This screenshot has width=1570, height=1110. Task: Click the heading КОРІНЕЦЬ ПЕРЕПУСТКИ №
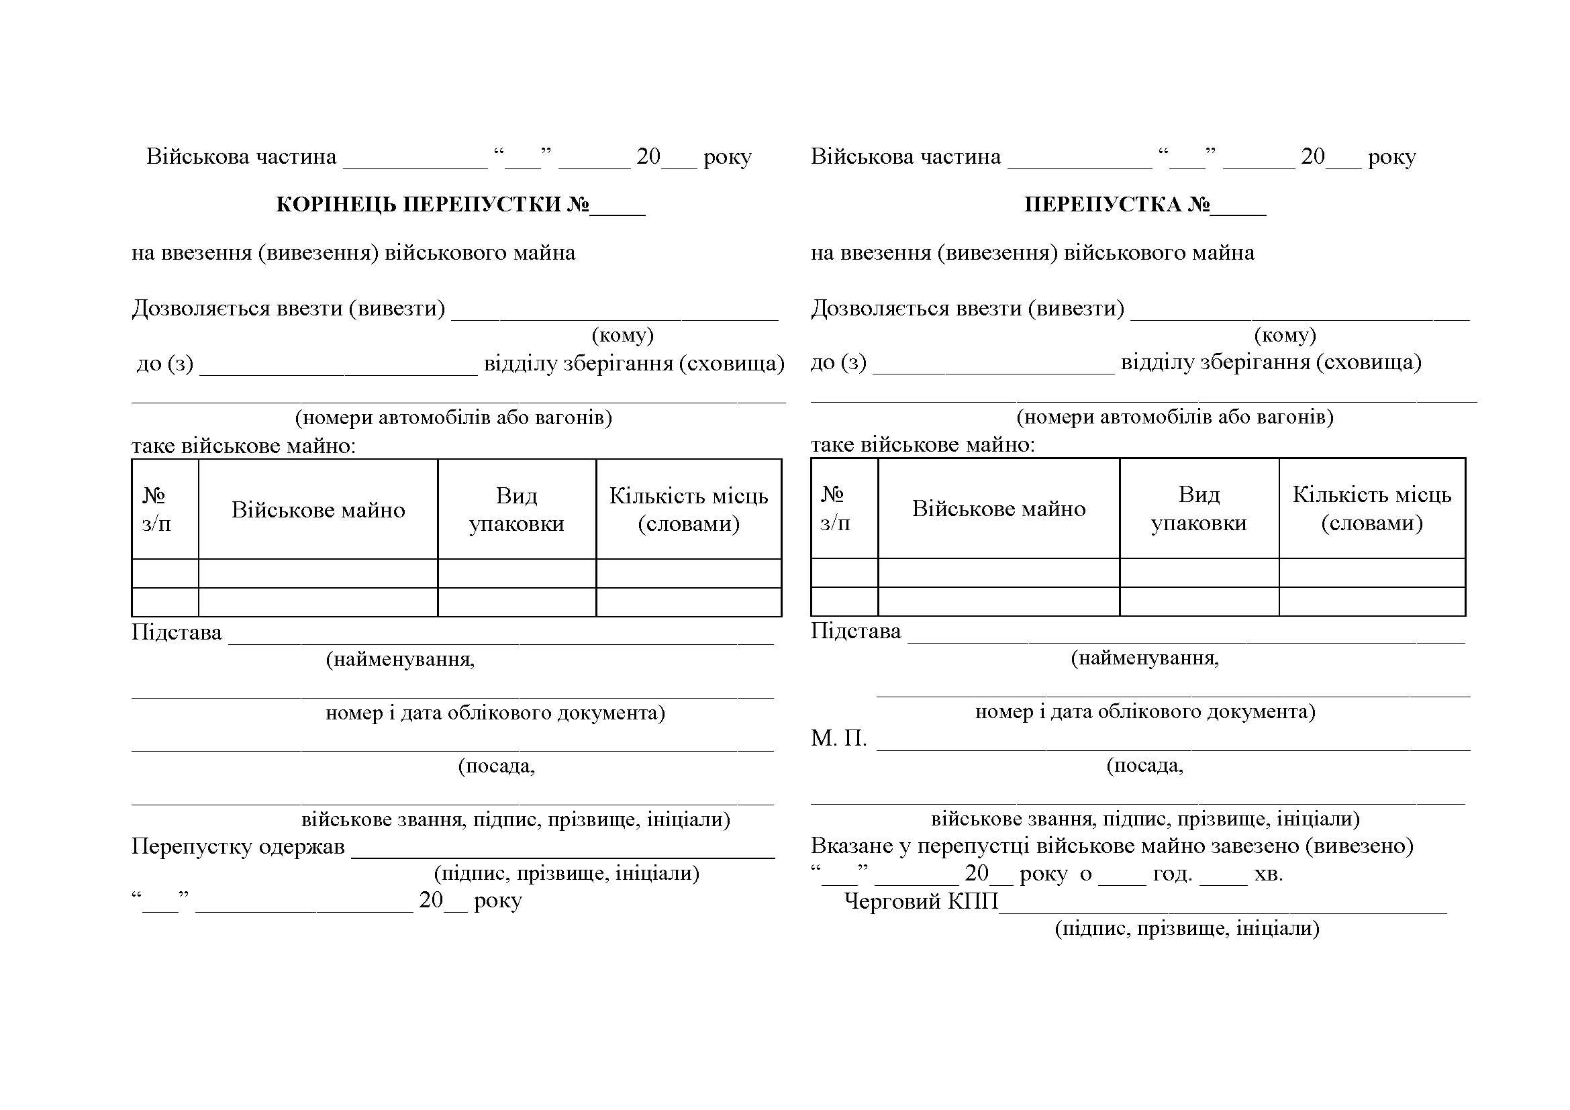(x=432, y=205)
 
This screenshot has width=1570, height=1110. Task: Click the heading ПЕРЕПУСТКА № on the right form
(x=1117, y=205)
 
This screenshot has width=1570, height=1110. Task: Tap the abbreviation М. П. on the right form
(x=838, y=738)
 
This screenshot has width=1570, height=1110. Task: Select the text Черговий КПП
(x=921, y=901)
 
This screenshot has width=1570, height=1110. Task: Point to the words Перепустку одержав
(x=238, y=846)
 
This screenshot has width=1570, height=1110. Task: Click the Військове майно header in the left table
(x=318, y=510)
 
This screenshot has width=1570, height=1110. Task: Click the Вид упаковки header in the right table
(x=1199, y=509)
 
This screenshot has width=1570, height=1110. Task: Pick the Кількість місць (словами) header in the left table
(x=689, y=510)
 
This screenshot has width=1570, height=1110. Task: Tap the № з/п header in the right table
(x=836, y=509)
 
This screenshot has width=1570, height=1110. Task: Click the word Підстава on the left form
(x=177, y=632)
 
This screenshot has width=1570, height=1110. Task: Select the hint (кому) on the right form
(x=1285, y=335)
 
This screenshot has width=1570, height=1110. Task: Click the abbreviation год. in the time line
(x=1173, y=874)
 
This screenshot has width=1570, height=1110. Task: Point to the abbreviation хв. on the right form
(x=1269, y=874)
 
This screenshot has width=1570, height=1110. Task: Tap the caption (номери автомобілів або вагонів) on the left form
(x=453, y=417)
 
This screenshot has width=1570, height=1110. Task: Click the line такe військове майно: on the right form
(x=922, y=445)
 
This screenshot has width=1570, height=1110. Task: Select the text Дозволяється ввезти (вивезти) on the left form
(x=288, y=308)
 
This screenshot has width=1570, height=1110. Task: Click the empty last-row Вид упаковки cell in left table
(x=516, y=602)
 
